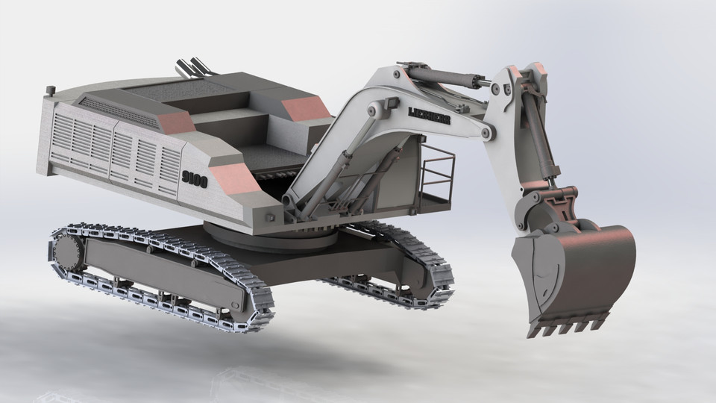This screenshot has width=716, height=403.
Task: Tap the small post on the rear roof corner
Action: pos(51,91)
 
